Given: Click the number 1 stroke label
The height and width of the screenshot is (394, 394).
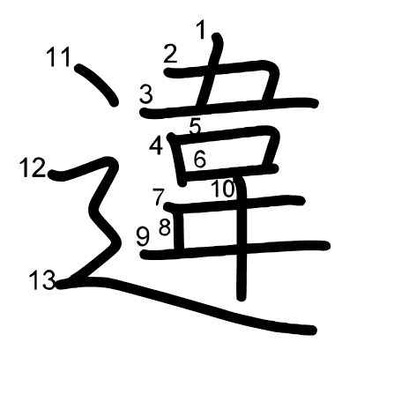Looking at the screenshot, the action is [x=201, y=29].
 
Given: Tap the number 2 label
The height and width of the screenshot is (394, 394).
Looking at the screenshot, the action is [x=170, y=54].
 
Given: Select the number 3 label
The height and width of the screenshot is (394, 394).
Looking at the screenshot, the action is [x=146, y=93].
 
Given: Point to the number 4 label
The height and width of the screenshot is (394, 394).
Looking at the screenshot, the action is [x=156, y=145].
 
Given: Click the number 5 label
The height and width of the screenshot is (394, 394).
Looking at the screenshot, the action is [x=195, y=126].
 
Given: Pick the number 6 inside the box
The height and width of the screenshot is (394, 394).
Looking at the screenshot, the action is [x=200, y=160].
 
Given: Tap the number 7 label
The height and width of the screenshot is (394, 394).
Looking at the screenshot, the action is [x=159, y=197].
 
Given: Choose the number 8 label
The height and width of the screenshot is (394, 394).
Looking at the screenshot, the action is [x=165, y=227].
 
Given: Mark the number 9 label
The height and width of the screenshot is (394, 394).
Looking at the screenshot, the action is [x=143, y=237].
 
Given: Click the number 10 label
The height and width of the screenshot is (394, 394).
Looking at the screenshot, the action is [x=223, y=189].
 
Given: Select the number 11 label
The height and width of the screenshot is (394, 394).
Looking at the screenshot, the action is [x=59, y=56].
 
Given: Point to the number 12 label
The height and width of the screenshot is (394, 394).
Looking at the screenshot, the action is [x=33, y=167].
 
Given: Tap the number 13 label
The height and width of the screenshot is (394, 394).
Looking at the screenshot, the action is [x=42, y=280].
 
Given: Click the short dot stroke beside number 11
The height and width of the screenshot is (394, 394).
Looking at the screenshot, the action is [x=97, y=85].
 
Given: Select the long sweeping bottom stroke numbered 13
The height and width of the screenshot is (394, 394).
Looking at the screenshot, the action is [x=188, y=304].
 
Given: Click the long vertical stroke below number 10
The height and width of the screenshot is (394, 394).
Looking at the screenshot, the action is [x=242, y=238].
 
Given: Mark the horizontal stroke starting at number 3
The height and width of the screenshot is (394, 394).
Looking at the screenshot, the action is [x=228, y=107].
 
